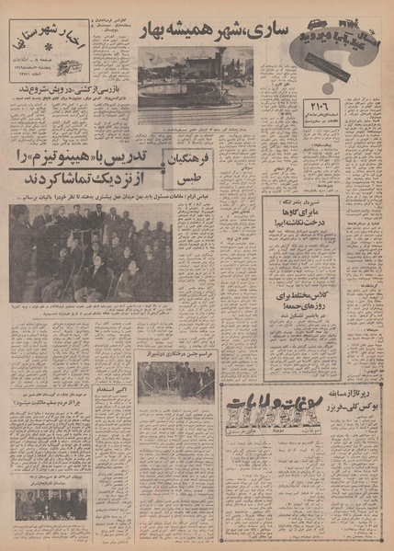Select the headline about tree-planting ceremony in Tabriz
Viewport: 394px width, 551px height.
click(x=184, y=353)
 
